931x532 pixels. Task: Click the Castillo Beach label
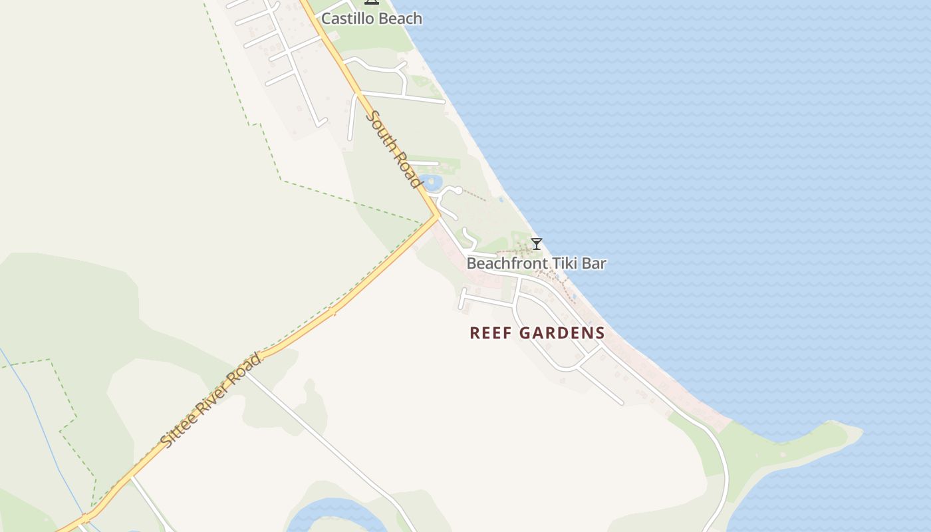click(x=371, y=19)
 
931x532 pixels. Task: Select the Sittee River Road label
click(x=211, y=400)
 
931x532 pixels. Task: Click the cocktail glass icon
click(x=537, y=244)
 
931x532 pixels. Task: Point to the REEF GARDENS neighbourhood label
click(x=537, y=332)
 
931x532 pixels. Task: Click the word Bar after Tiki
click(x=594, y=263)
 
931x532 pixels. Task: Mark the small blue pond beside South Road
click(x=433, y=182)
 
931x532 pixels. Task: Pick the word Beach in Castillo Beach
click(x=400, y=19)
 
